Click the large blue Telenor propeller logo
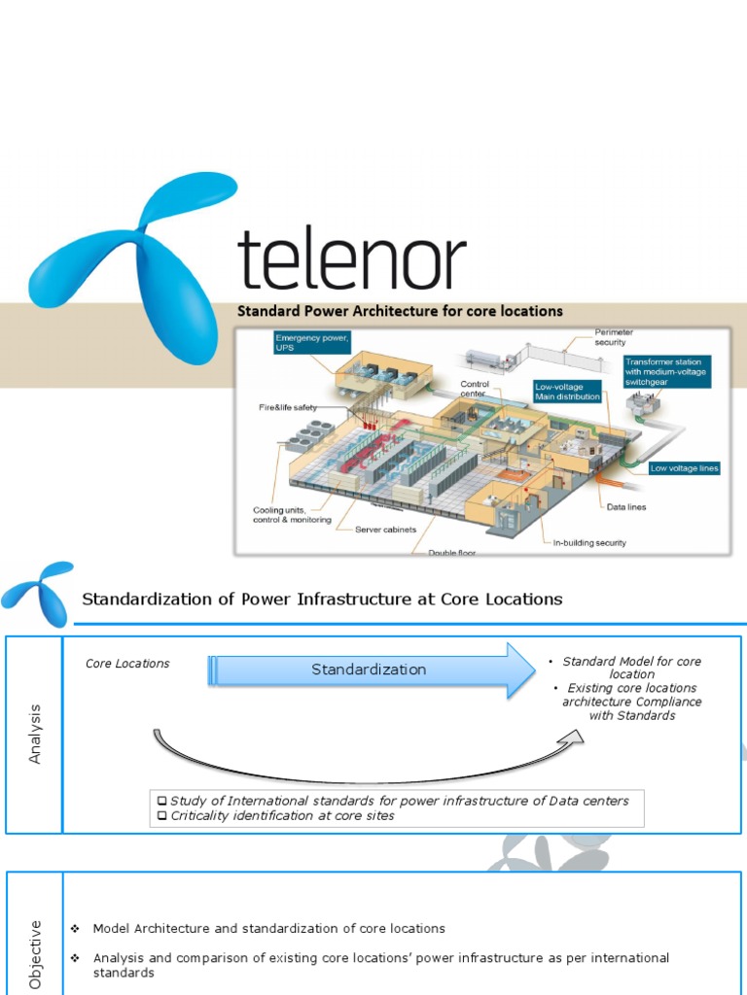point(136,262)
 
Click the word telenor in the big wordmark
point(352,259)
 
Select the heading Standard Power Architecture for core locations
point(401,312)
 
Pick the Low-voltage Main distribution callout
point(568,391)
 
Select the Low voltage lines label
point(684,468)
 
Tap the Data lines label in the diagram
point(626,506)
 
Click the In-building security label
point(589,542)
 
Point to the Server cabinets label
point(385,530)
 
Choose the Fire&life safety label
point(288,407)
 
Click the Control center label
point(474,389)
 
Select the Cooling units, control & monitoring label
point(293,515)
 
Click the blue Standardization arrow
point(370,669)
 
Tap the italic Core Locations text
point(127,664)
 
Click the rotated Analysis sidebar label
point(36,734)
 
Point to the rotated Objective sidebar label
point(36,954)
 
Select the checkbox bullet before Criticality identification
point(162,816)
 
